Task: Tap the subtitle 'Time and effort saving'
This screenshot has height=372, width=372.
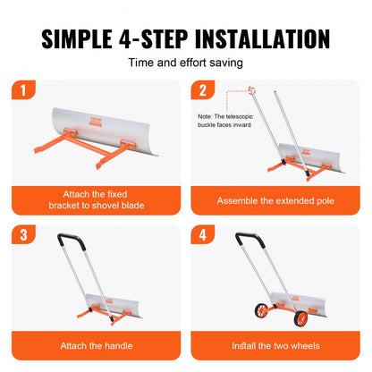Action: [x=186, y=63]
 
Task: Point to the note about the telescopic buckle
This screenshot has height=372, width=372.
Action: [x=218, y=121]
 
